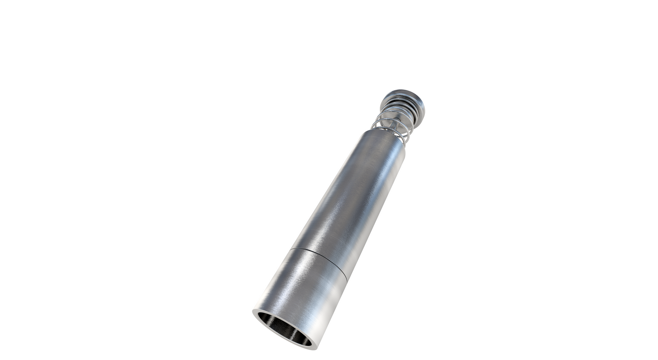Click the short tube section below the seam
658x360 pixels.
click(x=301, y=292)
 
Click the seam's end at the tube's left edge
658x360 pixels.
click(x=291, y=249)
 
